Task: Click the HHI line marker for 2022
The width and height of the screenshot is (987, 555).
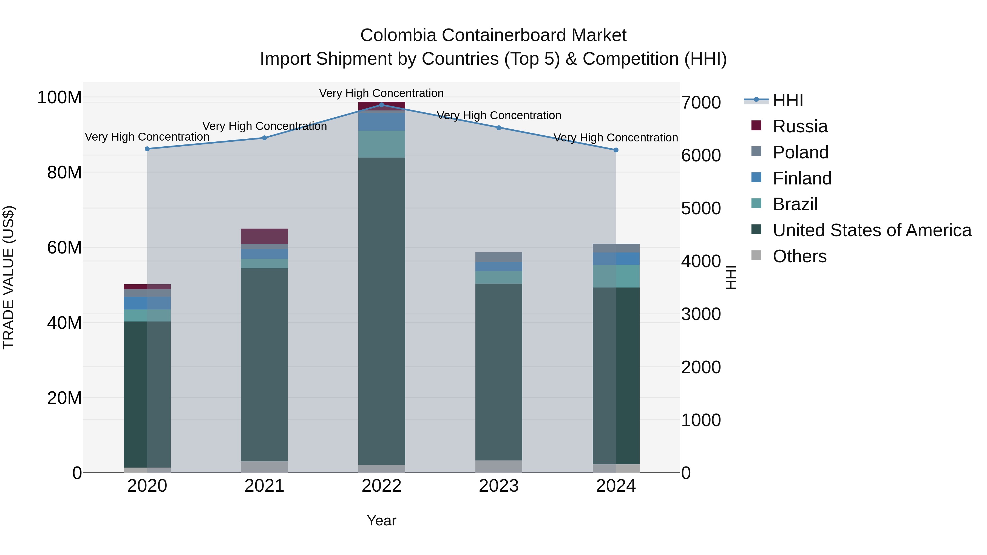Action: [381, 105]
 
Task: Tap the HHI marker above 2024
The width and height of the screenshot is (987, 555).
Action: [616, 150]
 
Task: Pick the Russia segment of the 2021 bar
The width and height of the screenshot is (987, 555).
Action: [264, 236]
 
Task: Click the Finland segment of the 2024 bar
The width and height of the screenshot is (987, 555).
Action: [616, 258]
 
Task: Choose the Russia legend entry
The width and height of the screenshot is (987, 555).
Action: [800, 126]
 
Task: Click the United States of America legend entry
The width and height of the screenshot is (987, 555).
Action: [872, 230]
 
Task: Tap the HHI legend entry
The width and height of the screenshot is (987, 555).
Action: [787, 100]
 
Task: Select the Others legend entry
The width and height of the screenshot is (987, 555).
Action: [799, 256]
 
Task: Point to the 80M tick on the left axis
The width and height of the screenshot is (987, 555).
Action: [64, 172]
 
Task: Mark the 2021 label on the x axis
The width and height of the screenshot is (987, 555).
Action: [264, 486]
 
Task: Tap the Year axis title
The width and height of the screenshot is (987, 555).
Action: [381, 520]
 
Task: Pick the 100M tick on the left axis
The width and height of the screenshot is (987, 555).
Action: [59, 97]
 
